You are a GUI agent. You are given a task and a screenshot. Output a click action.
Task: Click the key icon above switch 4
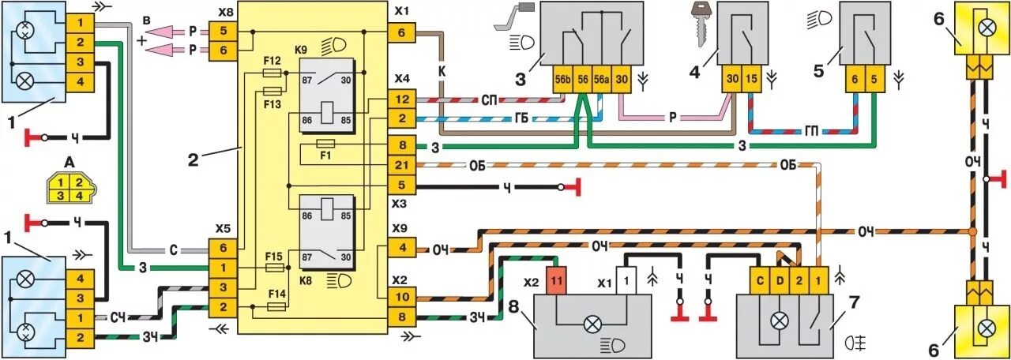tap(698, 24)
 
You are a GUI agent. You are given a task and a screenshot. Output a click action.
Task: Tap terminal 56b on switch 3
tap(562, 80)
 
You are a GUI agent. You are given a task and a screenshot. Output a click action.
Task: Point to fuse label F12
tap(271, 61)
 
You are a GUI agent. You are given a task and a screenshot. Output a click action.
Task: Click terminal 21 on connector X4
tap(400, 164)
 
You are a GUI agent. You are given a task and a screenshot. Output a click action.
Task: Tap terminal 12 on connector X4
tap(400, 100)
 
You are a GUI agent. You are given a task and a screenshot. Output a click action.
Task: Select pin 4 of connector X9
tap(400, 248)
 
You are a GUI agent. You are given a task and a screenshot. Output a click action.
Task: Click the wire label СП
tap(489, 100)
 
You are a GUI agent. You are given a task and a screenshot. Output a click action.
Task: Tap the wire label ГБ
tap(520, 118)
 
